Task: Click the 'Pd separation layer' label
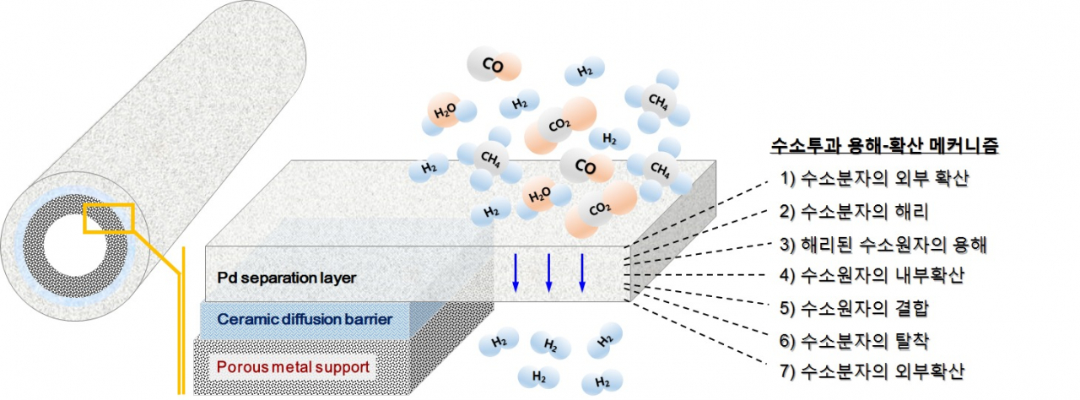(x=286, y=278)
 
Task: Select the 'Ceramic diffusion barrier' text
(x=305, y=319)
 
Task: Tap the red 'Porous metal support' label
(x=293, y=367)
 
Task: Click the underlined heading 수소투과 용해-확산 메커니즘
(x=884, y=145)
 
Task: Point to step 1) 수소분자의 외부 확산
(x=874, y=178)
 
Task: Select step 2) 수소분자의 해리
(x=854, y=212)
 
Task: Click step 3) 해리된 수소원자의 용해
(x=883, y=245)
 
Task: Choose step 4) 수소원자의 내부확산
(x=872, y=275)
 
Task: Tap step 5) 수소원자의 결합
(x=854, y=308)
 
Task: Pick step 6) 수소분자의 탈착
(x=854, y=341)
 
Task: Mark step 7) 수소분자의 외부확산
(x=872, y=371)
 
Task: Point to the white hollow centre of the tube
(x=75, y=246)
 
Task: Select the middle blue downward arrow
(x=548, y=273)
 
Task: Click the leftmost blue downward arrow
(x=516, y=273)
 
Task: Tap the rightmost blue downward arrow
(x=582, y=273)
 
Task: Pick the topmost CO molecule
(x=494, y=64)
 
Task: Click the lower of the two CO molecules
(x=586, y=167)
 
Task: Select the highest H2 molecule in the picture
(x=585, y=72)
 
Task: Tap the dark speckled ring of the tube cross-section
(x=34, y=246)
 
